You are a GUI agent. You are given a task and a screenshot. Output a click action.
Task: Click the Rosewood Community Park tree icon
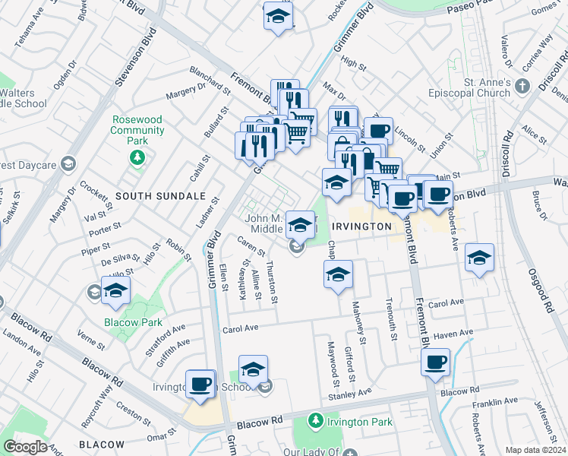tap(137, 157)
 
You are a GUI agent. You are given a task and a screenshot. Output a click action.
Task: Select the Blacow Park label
tap(134, 322)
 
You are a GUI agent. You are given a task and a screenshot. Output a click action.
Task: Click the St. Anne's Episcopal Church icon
tap(522, 87)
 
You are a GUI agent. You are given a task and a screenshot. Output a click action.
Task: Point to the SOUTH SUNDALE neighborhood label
tap(160, 196)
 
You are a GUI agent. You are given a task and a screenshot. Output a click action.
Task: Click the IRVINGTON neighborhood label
tap(361, 226)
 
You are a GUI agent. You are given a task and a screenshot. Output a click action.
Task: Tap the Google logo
tap(26, 447)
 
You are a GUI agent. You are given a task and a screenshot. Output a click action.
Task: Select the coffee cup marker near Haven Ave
tap(436, 363)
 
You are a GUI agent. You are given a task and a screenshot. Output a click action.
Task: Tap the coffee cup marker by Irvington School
tap(200, 384)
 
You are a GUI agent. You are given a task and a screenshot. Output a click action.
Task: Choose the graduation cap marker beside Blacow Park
tap(116, 291)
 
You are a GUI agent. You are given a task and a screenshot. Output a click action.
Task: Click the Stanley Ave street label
tap(349, 394)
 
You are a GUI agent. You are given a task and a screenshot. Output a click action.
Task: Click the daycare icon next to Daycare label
tap(68, 164)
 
